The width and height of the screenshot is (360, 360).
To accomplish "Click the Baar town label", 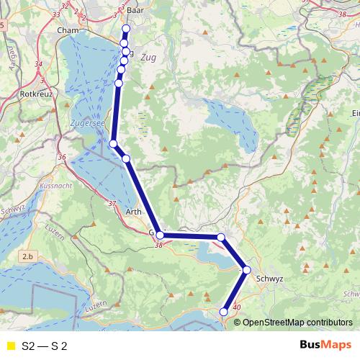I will click(x=135, y=11).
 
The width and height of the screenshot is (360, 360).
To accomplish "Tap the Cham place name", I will click(x=67, y=30).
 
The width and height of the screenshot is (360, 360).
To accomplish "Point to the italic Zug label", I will click(x=149, y=57).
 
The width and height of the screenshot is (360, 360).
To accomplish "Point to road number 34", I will click(x=38, y=65).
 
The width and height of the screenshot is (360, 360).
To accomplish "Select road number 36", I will click(x=62, y=157).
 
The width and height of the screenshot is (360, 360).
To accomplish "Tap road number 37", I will click(x=111, y=204).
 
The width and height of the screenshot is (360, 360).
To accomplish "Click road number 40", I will click(x=237, y=307).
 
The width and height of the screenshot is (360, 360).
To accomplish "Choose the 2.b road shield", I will click(x=28, y=256).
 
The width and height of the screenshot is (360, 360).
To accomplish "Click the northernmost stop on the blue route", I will click(x=126, y=29).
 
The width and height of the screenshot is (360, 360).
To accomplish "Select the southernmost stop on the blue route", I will click(x=224, y=312).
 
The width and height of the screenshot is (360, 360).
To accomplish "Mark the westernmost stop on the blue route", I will click(x=113, y=144).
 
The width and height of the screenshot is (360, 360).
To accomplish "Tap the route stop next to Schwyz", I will click(x=247, y=270).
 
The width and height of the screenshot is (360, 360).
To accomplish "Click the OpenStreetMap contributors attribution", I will click(x=297, y=322).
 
